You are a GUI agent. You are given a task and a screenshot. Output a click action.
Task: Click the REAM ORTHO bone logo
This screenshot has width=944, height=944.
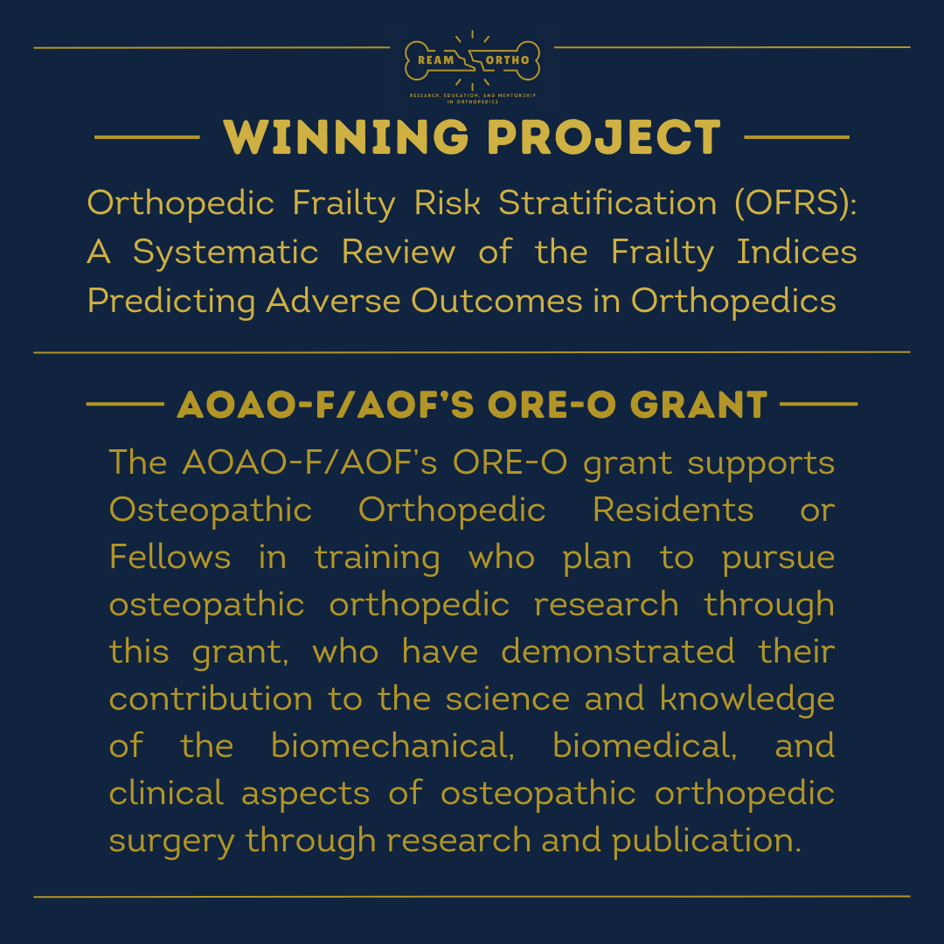[472, 61]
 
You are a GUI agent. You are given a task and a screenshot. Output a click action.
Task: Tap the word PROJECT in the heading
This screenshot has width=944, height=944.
[604, 137]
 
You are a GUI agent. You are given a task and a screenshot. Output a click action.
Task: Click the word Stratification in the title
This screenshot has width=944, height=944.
[607, 204]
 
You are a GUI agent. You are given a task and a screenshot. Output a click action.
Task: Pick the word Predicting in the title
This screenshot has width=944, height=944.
[171, 301]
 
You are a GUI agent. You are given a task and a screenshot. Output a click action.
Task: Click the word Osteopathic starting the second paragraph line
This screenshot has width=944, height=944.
[210, 510]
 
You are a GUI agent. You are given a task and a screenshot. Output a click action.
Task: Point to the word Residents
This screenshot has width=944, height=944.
[672, 510]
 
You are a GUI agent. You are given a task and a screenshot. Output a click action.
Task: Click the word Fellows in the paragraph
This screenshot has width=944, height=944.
[170, 557]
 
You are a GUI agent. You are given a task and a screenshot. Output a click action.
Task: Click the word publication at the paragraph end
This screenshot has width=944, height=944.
[706, 841]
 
